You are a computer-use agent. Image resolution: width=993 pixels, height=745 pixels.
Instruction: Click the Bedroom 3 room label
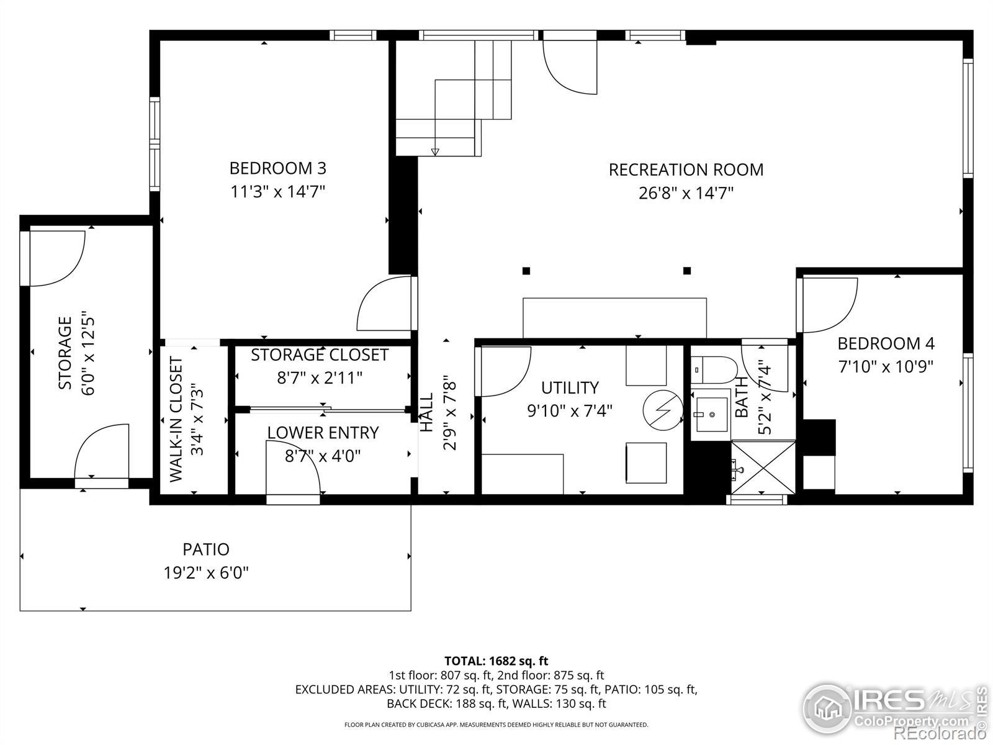tap(278, 168)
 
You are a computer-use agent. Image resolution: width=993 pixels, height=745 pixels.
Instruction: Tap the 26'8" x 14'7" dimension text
tap(686, 193)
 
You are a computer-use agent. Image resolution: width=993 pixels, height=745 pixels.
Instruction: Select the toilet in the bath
tap(714, 370)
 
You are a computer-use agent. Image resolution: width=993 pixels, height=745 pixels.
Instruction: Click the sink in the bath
tap(711, 414)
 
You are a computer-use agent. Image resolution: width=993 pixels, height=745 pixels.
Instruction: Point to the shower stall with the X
tap(763, 467)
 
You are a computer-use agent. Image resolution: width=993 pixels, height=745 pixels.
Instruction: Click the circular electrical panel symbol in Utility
tap(663, 410)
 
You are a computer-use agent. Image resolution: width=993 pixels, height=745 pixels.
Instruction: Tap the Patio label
tap(206, 549)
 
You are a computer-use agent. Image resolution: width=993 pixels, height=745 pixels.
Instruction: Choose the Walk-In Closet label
tap(176, 419)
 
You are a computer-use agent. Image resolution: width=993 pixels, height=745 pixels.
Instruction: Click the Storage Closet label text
tap(320, 355)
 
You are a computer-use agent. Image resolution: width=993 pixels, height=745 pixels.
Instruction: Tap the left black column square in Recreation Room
tap(526, 271)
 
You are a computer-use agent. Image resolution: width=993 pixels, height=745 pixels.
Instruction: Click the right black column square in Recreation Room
tap(687, 271)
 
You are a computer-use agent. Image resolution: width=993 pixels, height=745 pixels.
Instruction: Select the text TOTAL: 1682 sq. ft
tap(496, 661)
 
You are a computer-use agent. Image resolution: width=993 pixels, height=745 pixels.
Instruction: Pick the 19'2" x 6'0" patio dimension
tap(206, 573)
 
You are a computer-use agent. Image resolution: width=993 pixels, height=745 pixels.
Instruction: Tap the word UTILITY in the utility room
tap(570, 387)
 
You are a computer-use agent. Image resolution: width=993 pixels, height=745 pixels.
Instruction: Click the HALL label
tap(426, 412)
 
